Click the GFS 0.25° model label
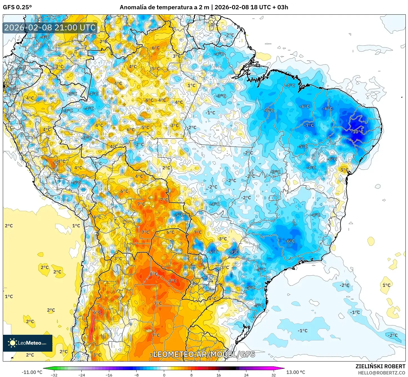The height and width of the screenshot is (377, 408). (x=17, y=7)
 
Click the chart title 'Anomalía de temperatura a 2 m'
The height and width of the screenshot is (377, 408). (x=164, y=7)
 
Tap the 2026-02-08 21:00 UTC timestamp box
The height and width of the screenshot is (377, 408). (x=50, y=28)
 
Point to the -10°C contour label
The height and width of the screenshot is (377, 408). (x=357, y=131)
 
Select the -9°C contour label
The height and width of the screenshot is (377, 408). (x=233, y=252)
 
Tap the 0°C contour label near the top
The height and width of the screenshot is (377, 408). (x=214, y=24)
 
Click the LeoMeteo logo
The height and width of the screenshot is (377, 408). (x=28, y=343)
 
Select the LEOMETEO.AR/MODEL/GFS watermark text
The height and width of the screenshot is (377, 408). (x=204, y=354)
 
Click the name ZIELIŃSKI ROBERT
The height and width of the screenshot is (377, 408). (x=380, y=366)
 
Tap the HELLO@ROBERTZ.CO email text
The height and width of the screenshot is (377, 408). (x=382, y=373)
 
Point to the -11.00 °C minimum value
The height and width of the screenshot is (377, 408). (x=32, y=372)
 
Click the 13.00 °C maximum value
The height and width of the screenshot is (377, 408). (x=296, y=372)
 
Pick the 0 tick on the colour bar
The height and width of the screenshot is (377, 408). (x=164, y=375)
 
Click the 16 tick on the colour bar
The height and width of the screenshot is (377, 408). (x=219, y=375)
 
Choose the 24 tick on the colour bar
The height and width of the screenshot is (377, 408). (x=246, y=375)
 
